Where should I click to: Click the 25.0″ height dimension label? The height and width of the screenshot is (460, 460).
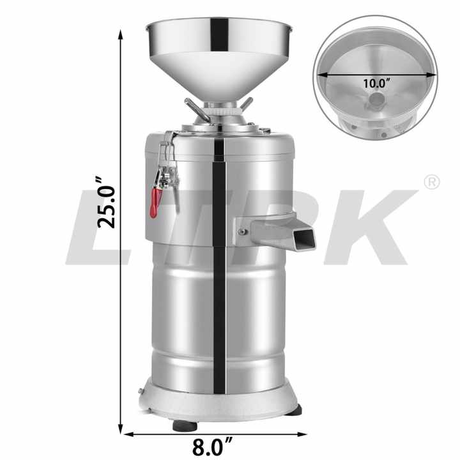(x=107, y=203)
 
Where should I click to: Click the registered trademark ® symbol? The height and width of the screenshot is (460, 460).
(x=432, y=182)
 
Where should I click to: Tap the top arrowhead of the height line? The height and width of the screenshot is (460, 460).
(x=120, y=34)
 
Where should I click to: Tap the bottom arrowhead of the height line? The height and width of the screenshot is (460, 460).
(x=120, y=429)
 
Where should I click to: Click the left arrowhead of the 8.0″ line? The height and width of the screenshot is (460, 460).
(x=129, y=434)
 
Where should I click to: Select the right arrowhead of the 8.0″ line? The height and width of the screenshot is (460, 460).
(x=302, y=434)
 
